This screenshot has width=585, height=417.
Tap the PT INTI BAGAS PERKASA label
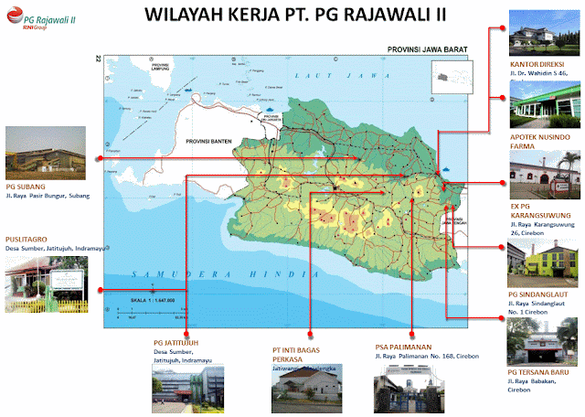300,354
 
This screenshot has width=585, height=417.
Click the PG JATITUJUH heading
182,342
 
